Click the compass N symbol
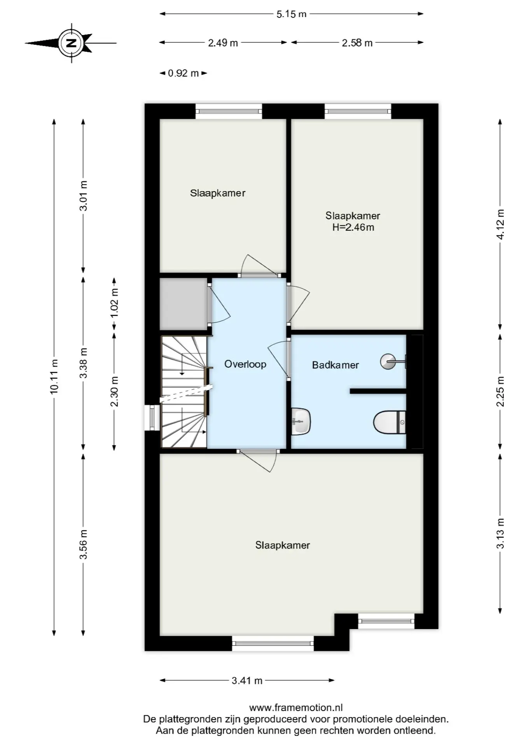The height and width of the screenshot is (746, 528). (71, 43)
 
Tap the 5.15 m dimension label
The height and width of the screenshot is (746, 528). (292, 14)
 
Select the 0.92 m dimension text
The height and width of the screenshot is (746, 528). (183, 73)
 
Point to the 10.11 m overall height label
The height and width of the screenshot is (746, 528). (54, 376)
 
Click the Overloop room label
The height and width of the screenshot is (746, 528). (245, 364)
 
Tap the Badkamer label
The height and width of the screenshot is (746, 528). (335, 365)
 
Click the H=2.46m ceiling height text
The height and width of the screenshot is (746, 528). (353, 227)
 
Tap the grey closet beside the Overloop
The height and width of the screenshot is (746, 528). (183, 304)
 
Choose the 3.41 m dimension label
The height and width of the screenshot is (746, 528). (247, 680)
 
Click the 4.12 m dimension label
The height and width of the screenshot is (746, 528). (500, 224)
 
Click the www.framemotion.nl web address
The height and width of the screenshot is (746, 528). (296, 708)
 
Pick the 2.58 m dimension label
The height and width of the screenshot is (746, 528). (357, 43)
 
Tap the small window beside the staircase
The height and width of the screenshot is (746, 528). (152, 418)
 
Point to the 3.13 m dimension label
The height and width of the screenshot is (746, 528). (500, 533)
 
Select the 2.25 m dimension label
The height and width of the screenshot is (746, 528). (500, 391)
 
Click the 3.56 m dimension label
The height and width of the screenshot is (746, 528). (83, 544)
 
